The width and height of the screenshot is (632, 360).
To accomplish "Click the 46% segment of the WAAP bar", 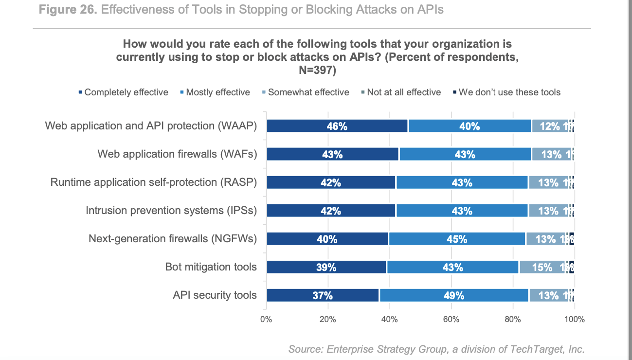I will (337, 126).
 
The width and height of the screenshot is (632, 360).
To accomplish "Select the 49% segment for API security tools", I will (454, 295).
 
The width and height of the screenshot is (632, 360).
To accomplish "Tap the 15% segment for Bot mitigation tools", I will (542, 267).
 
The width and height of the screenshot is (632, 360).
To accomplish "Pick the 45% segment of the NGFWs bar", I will (457, 239).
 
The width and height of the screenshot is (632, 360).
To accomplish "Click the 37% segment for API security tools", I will (323, 295).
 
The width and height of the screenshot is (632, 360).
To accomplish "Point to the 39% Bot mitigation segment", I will (326, 267).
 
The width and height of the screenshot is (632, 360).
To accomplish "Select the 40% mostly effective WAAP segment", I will (469, 126).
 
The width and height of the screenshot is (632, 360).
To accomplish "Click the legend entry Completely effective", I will (126, 92).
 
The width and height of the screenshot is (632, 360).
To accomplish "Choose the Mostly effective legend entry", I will (217, 92).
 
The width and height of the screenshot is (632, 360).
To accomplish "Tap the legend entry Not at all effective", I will (403, 92).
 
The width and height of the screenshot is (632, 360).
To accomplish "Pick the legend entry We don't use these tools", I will (509, 92).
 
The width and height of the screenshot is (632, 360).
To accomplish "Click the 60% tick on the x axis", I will (451, 320).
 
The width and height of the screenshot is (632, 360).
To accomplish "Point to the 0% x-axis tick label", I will (266, 320).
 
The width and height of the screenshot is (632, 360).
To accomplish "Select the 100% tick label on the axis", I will (574, 320).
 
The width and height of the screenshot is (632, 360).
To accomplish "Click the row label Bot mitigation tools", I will (211, 267).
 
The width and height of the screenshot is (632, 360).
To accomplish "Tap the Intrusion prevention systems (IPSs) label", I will (171, 211).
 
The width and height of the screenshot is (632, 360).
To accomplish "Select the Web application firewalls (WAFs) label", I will (177, 154).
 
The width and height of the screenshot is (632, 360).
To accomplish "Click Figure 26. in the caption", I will (66, 10).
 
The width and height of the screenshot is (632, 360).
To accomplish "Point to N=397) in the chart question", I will (317, 70).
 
